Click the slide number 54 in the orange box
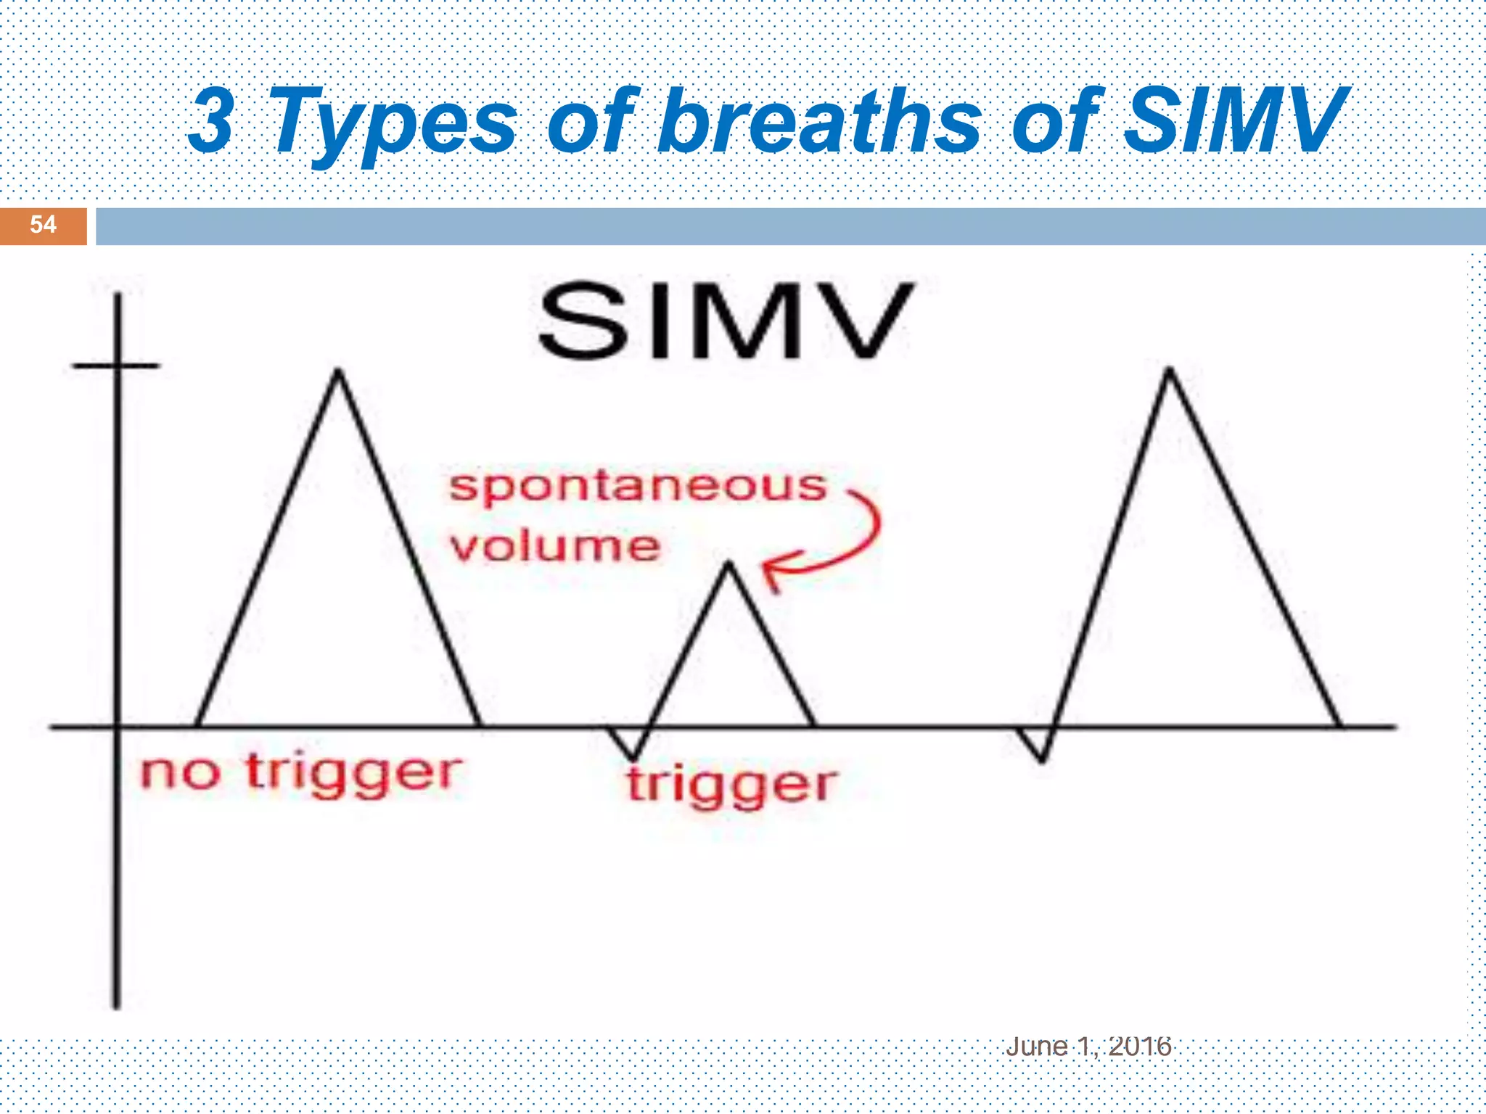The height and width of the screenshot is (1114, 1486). pyautogui.click(x=43, y=225)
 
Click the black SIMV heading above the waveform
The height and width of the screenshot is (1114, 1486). pyautogui.click(x=725, y=321)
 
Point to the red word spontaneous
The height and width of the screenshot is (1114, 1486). pyautogui.click(x=638, y=487)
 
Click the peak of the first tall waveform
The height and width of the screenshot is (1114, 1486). pyautogui.click(x=338, y=373)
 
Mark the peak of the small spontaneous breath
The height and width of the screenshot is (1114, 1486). pyautogui.click(x=728, y=564)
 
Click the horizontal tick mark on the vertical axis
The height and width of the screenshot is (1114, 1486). pyautogui.click(x=116, y=366)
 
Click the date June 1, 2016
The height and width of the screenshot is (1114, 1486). pyautogui.click(x=1088, y=1047)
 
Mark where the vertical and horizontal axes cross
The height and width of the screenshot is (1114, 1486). pyautogui.click(x=117, y=726)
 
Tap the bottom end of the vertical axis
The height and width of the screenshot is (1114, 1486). pyautogui.click(x=116, y=1005)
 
